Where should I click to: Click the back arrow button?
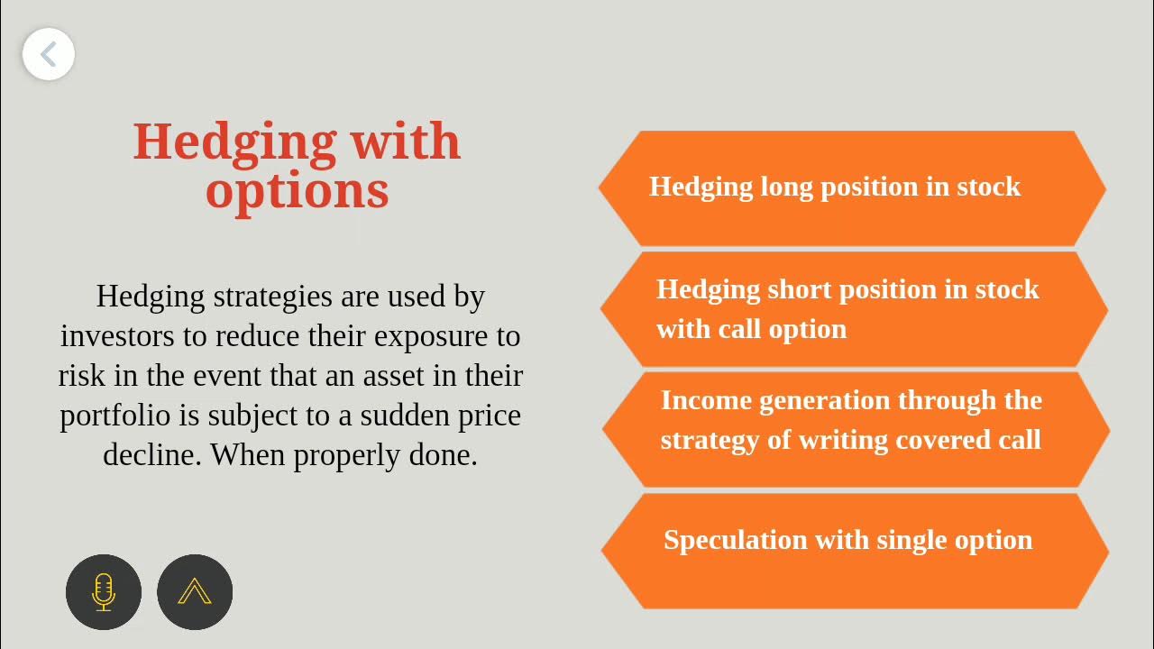pos(49,54)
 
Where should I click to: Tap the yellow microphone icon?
pos(104,591)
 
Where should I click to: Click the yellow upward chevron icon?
pos(195,591)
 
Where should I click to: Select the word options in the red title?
pos(298,191)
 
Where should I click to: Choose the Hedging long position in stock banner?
pos(852,187)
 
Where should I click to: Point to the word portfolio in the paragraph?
pos(114,416)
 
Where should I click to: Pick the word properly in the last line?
pos(344,455)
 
